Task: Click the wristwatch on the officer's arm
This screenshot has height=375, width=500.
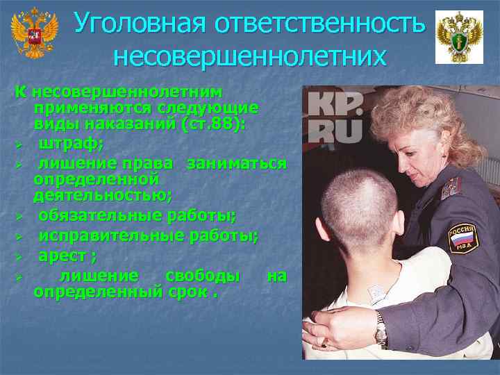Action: tap(380, 328)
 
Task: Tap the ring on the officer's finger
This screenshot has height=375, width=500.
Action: tap(322, 341)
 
